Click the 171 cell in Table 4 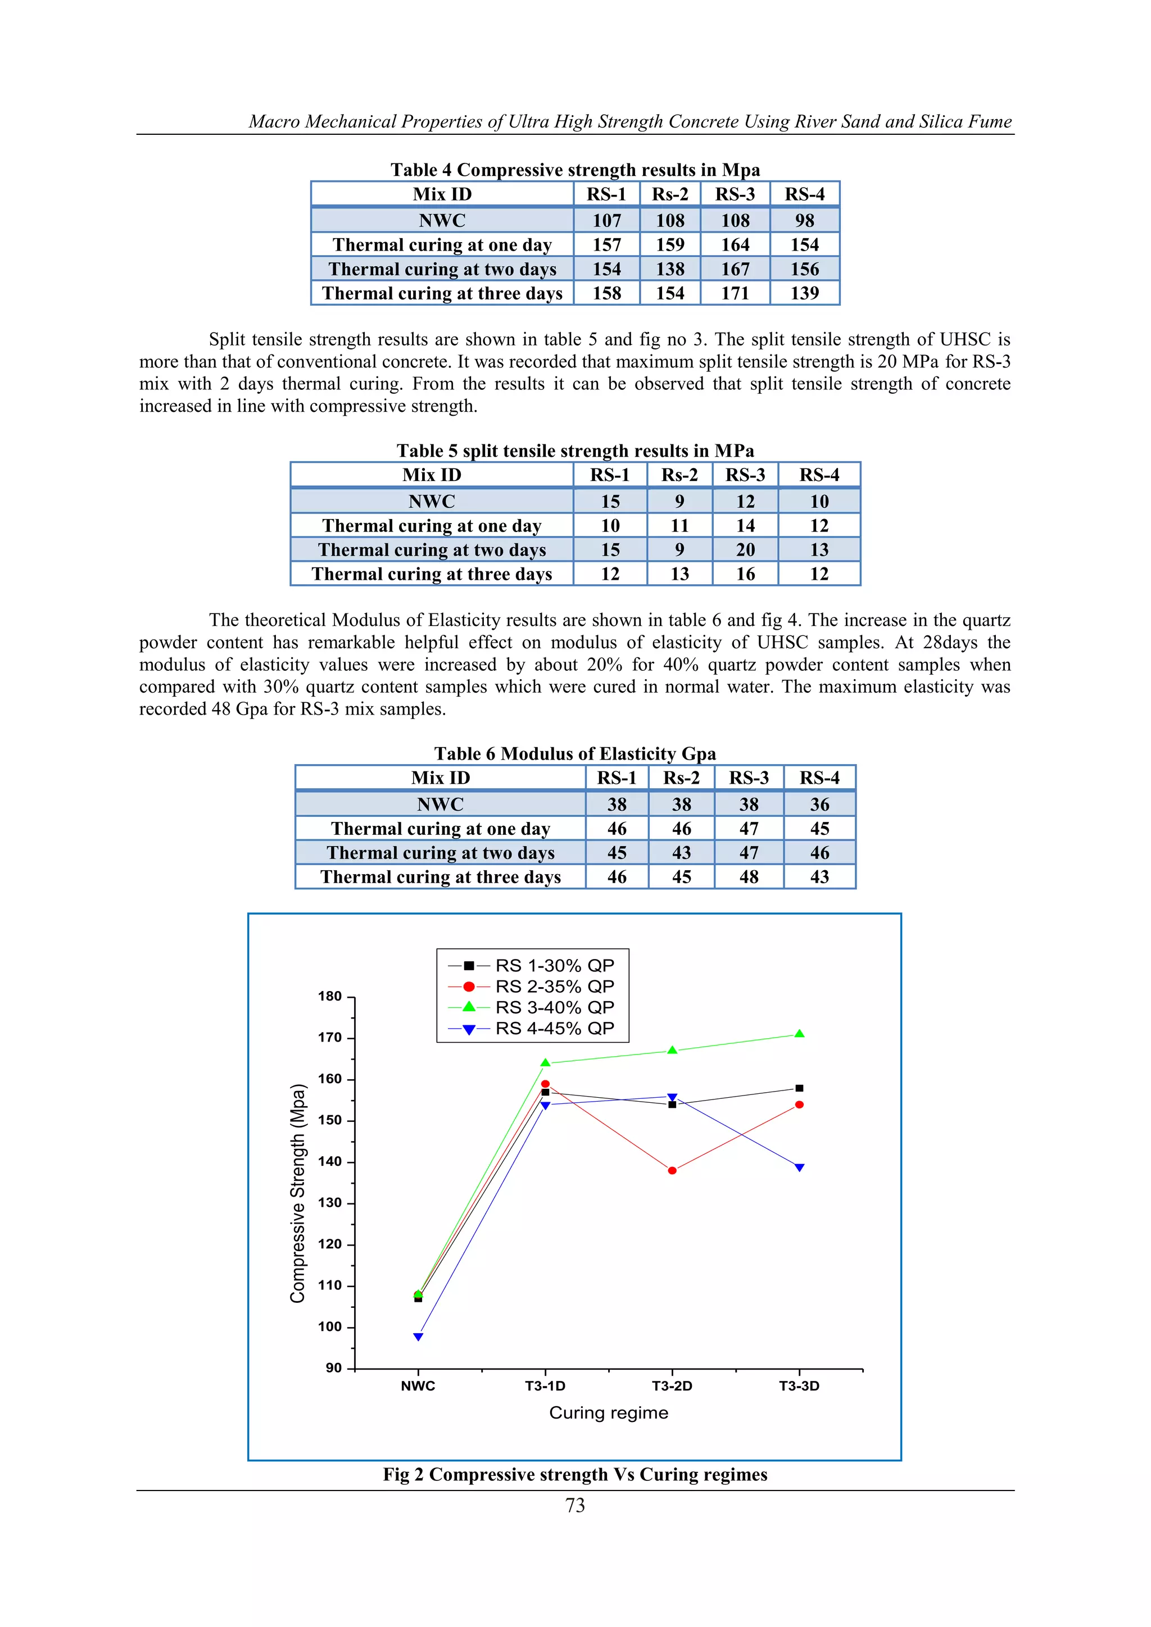point(735,293)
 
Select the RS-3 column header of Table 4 point(735,194)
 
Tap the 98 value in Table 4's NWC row point(804,220)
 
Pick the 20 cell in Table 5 point(745,550)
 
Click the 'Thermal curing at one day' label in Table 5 point(432,526)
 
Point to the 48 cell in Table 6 point(749,878)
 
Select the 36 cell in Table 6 point(819,805)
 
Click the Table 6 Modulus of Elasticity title point(575,753)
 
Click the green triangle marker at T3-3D point(800,1034)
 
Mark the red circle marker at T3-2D point(672,1171)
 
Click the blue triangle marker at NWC point(418,1337)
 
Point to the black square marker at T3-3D point(800,1088)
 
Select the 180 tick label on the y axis point(329,996)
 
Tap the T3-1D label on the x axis point(545,1386)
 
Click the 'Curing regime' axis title point(608,1413)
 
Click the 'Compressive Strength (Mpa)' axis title point(298,1193)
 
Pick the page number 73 point(575,1505)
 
